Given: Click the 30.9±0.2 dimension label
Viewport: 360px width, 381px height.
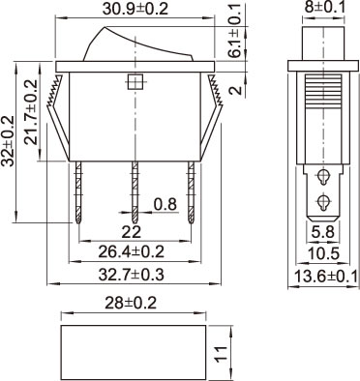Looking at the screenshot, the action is tap(135, 9).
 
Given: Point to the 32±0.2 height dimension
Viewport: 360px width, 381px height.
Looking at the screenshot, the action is tap(7, 141).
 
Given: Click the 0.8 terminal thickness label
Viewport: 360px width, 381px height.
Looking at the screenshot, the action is tap(165, 204).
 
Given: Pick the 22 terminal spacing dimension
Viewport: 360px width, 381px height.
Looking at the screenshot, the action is tap(132, 231).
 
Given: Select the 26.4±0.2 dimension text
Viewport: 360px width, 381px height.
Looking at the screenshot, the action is tap(132, 251).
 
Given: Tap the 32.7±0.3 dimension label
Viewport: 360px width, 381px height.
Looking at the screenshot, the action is tap(132, 275).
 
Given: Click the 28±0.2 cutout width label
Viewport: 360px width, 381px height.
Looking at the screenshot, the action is tap(131, 303).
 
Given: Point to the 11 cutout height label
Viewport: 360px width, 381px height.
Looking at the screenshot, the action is tap(222, 354).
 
